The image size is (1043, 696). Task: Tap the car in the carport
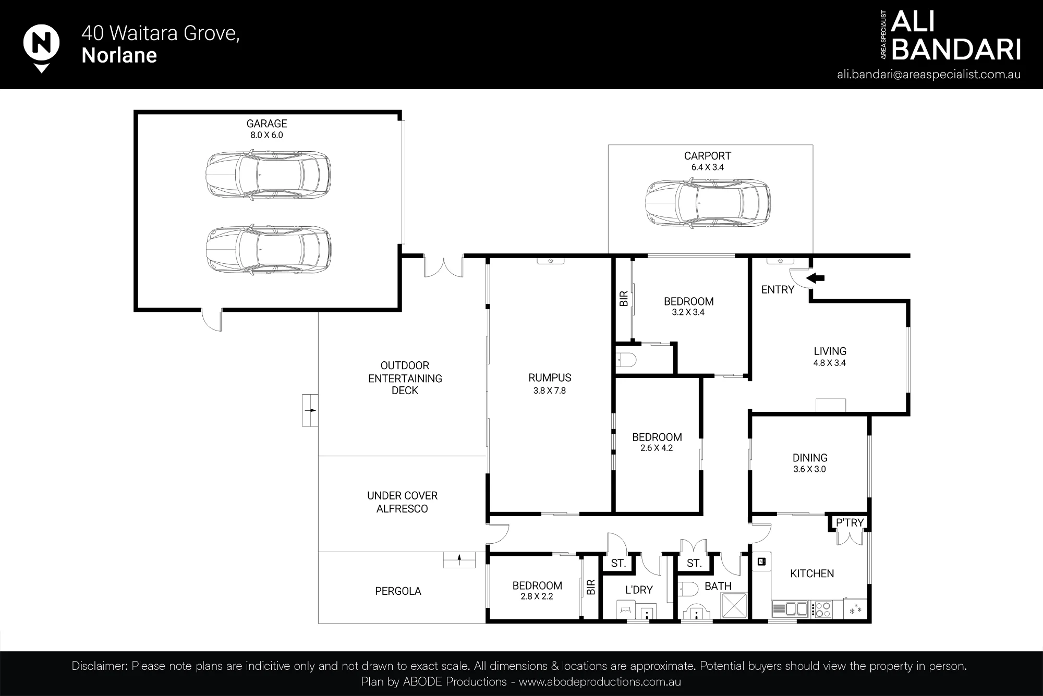coord(708,203)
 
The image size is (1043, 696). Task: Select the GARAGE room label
coord(267,124)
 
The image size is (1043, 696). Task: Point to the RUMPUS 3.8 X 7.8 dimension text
coord(550,390)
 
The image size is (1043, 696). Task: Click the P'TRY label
coord(850,522)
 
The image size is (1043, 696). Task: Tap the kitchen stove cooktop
coord(822,609)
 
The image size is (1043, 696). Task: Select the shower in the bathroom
coord(734,606)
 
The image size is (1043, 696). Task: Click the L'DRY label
coord(639,590)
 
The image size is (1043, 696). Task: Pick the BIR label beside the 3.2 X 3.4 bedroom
coord(623,299)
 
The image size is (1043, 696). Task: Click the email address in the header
coord(929,75)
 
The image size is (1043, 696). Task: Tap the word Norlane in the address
coord(119,56)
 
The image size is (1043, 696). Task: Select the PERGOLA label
coord(398,591)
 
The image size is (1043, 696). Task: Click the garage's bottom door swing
coord(211,320)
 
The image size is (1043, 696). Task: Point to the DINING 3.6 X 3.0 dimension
coord(809,469)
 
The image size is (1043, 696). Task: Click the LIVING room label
coord(830,351)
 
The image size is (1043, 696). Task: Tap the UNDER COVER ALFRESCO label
coord(402,502)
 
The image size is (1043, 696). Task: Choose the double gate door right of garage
coord(444,266)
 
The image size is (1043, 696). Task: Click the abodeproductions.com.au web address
coord(600,682)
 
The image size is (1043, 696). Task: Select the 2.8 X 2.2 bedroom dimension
coord(537,596)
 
